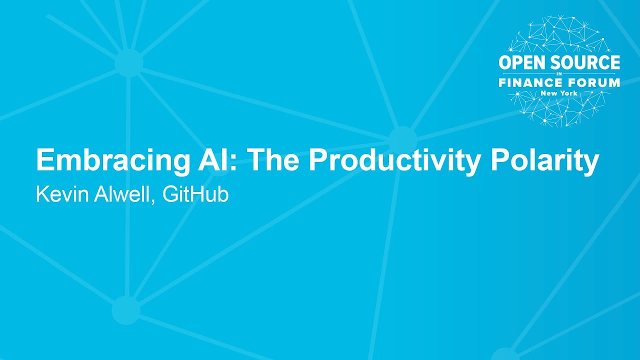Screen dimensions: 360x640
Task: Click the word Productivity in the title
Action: [x=392, y=161]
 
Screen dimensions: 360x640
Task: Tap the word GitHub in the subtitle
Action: [x=195, y=194]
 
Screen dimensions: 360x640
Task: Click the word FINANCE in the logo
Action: [x=530, y=83]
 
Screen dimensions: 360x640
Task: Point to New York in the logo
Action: [x=559, y=93]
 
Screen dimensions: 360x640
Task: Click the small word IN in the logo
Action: [x=559, y=73]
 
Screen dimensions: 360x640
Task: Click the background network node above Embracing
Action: [x=128, y=63]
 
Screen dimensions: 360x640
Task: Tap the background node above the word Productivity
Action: [x=402, y=139]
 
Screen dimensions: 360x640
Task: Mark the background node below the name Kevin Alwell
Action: [x=125, y=310]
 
